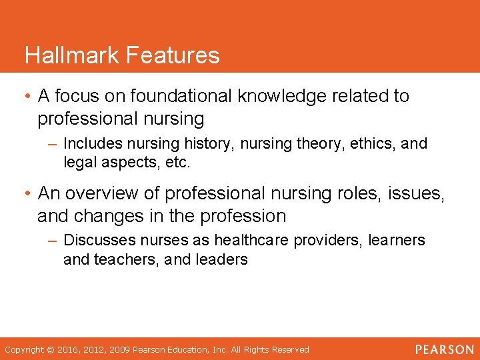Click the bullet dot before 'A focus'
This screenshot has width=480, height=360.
[27, 96]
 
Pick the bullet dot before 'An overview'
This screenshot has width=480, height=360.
[27, 193]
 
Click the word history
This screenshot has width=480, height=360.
[213, 143]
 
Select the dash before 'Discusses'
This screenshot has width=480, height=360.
[55, 240]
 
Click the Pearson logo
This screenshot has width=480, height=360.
[445, 349]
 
